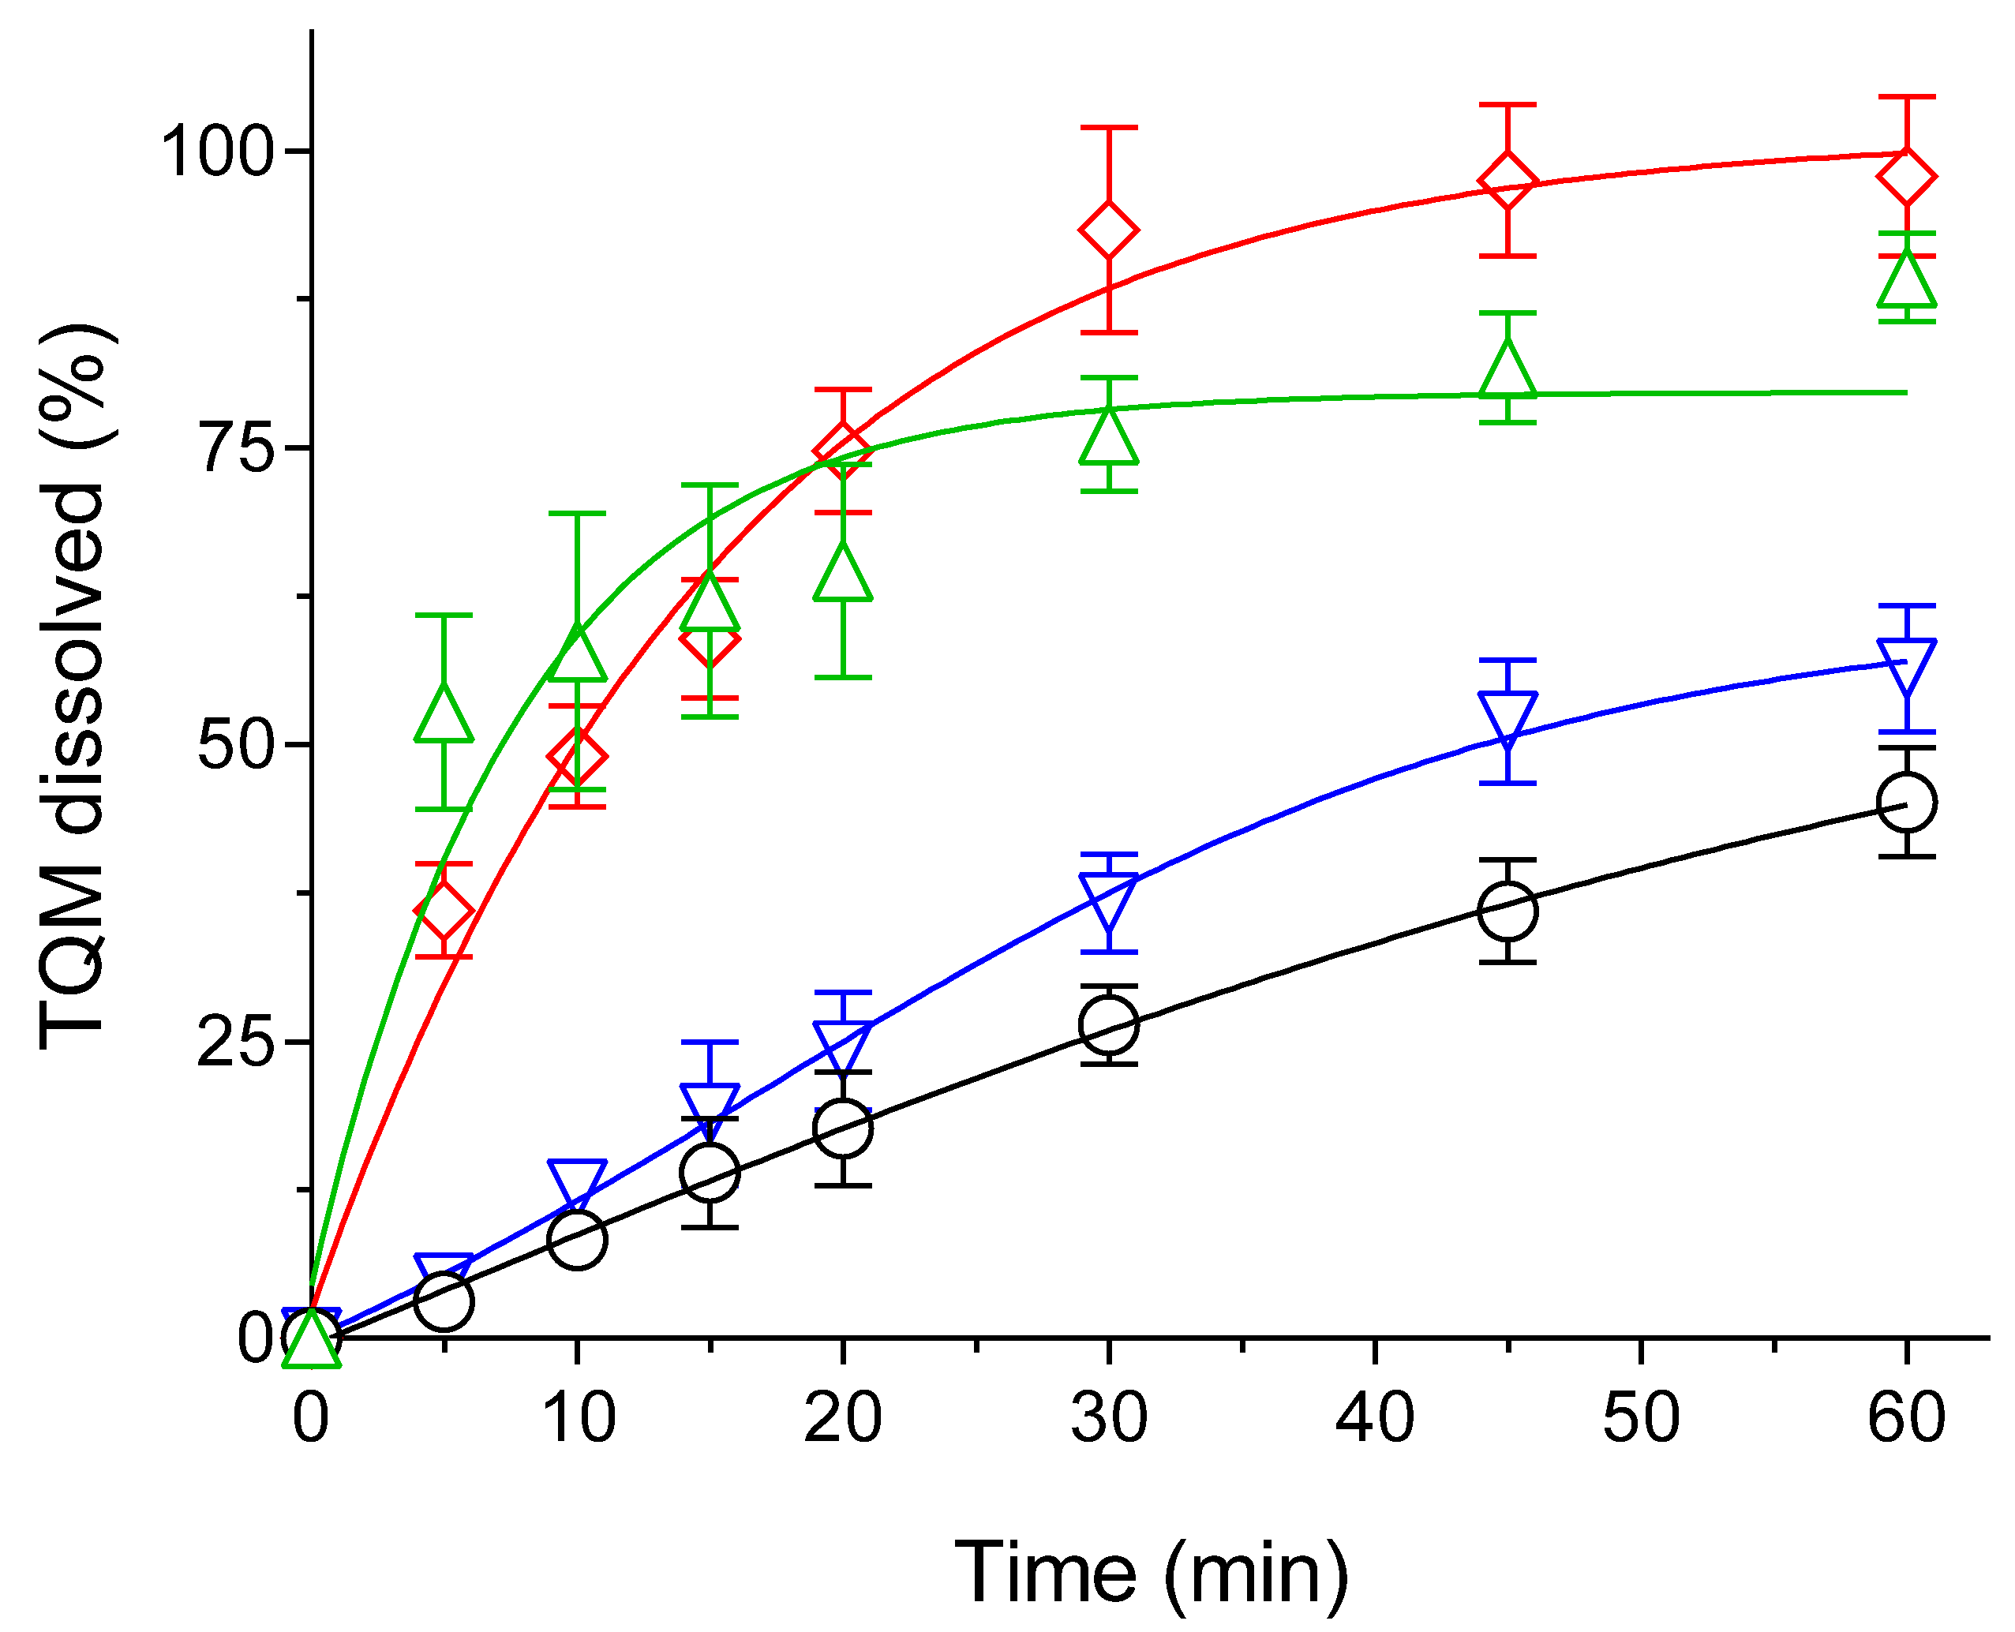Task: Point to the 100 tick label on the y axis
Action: [x=217, y=151]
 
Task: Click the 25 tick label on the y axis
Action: [x=235, y=1042]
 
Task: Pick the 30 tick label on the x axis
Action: [x=1109, y=1417]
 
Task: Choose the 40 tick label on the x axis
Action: [x=1375, y=1417]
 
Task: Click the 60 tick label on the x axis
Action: [x=1906, y=1417]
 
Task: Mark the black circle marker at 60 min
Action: [x=1906, y=802]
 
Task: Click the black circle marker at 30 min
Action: [x=1109, y=1024]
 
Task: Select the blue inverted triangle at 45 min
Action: [x=1508, y=717]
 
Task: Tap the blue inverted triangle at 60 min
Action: [x=1906, y=664]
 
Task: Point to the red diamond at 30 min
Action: [x=1109, y=230]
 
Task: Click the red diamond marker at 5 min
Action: [x=444, y=911]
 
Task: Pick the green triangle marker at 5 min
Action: [x=444, y=717]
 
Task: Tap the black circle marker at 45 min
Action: [x=1508, y=910]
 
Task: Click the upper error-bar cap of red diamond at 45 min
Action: [x=1508, y=105]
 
